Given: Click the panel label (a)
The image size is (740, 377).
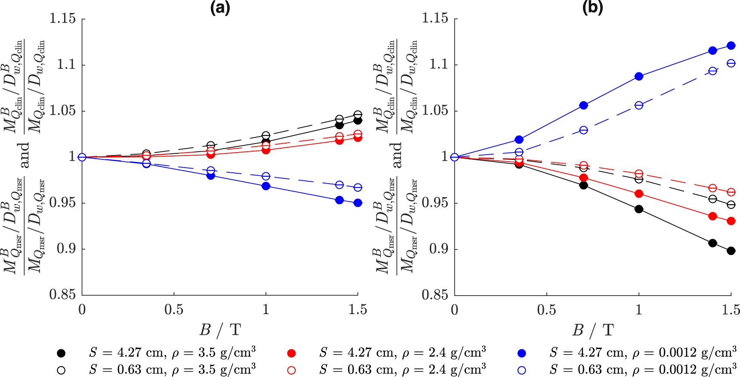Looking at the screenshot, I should [x=220, y=7].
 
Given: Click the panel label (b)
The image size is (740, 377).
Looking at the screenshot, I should [x=592, y=7].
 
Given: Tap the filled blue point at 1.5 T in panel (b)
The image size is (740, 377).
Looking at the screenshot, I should [x=731, y=46].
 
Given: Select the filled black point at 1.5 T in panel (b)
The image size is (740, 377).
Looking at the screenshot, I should [x=731, y=251].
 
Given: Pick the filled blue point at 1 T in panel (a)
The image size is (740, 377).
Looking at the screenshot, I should [x=266, y=186].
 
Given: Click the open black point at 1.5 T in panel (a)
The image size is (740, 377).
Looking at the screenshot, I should [x=358, y=115].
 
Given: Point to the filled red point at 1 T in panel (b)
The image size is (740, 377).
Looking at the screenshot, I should [x=639, y=194].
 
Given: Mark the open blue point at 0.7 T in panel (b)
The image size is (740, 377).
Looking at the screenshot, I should [x=583, y=130].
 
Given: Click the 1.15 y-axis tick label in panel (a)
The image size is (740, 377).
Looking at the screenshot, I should [x=62, y=19].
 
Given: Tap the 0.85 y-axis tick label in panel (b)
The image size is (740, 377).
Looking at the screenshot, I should [x=435, y=295].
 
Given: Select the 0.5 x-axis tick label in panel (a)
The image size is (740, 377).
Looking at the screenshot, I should [x=174, y=310].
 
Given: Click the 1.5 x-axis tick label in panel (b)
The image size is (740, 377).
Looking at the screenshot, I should [x=731, y=310].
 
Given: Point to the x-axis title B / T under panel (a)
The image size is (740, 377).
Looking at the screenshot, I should [x=220, y=330].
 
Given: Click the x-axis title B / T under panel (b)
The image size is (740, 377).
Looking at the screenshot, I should [x=592, y=330].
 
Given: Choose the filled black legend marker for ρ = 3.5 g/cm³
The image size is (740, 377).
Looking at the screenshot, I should [x=62, y=353].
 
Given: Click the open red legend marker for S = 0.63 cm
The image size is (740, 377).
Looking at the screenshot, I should [x=291, y=370].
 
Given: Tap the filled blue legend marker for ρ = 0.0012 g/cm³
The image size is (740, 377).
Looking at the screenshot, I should [x=522, y=353].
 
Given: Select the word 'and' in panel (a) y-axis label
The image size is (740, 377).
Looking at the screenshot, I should [x=24, y=156].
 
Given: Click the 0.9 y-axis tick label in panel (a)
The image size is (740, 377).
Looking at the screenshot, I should [x=66, y=249].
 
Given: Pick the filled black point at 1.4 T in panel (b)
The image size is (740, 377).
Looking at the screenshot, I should [x=712, y=243].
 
